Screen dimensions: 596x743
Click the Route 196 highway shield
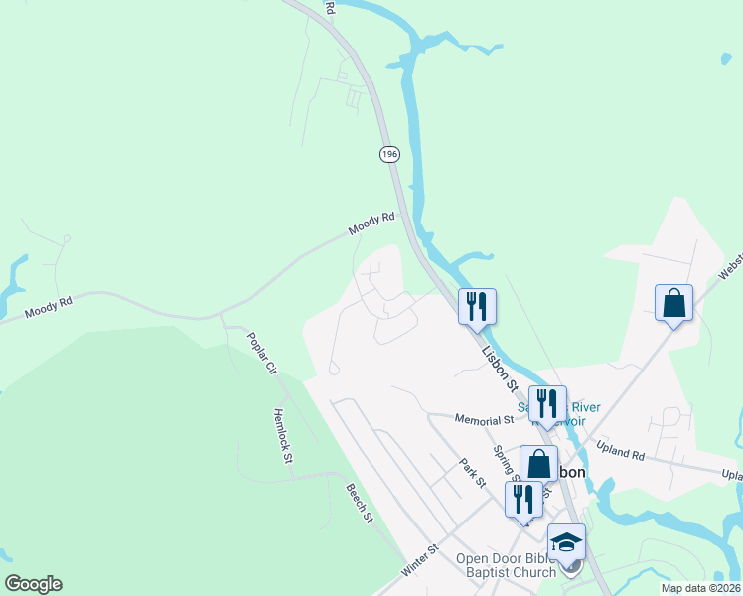[x=388, y=153]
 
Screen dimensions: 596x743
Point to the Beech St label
[x=360, y=503]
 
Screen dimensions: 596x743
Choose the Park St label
[x=472, y=472]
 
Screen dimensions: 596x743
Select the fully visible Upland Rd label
[x=624, y=453]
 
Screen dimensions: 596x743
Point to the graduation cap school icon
[x=566, y=542]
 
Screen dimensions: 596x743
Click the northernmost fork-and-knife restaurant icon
[x=477, y=306]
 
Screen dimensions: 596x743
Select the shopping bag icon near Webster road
[x=673, y=303]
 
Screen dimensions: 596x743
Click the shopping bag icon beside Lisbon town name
[x=538, y=464]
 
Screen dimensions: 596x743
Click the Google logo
[x=33, y=584]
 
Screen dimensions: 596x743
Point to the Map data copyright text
[x=700, y=588]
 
